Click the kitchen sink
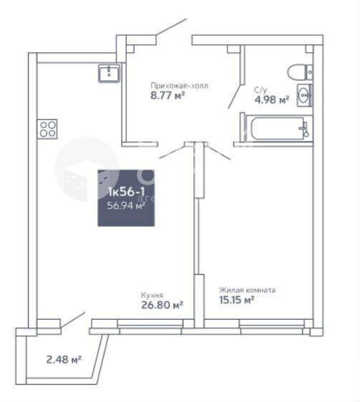coord(109,73)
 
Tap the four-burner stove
coord(47,129)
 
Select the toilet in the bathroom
coord(300,72)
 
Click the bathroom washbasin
coord(305,95)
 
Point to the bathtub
coord(278,128)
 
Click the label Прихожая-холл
coord(179,86)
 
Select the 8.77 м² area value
coord(167,96)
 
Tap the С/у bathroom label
coord(261,89)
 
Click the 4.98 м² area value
coord(272,99)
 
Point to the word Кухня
coord(152,295)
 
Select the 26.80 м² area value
coord(162,305)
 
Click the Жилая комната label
coord(248,290)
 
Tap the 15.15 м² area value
coord(237,300)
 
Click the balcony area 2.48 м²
coord(64,360)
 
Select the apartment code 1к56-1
coord(126,192)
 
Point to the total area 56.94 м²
coord(126,205)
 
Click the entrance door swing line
coord(171,26)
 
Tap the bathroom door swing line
coord(235,96)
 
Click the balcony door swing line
coord(73,320)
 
